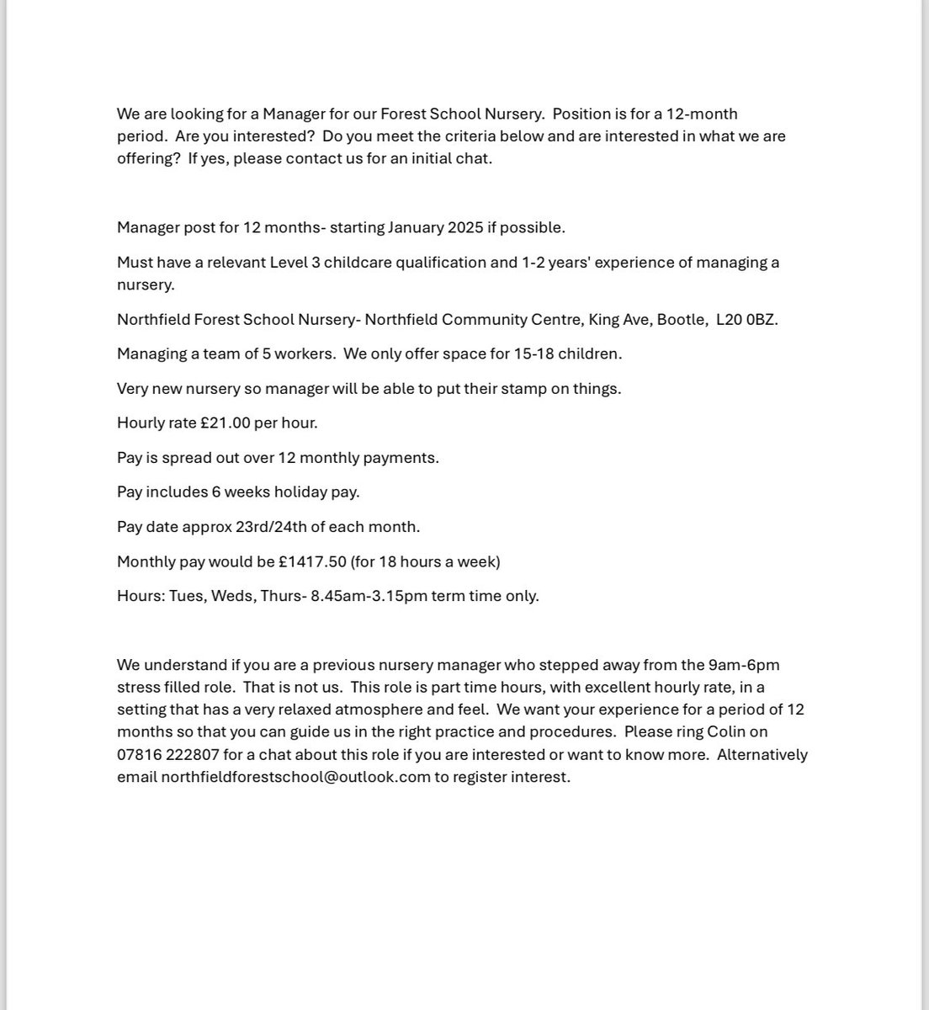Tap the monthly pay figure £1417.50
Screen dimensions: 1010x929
coord(312,561)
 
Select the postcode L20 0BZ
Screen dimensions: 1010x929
coord(746,320)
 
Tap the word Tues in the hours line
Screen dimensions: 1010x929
coord(185,596)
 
